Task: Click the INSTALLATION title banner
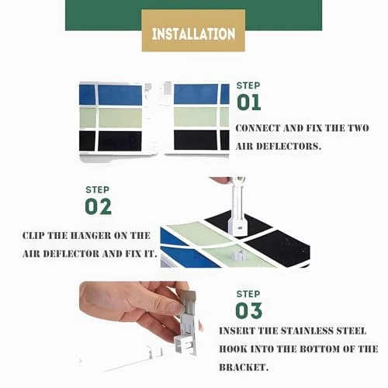point(193,33)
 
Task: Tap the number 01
point(249,102)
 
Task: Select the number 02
point(99,206)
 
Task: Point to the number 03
point(249,310)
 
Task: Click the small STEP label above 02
point(97,189)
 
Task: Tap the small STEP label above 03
point(248,294)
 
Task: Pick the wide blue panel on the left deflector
point(120,95)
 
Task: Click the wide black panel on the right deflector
point(196,140)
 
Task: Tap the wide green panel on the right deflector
point(196,117)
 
